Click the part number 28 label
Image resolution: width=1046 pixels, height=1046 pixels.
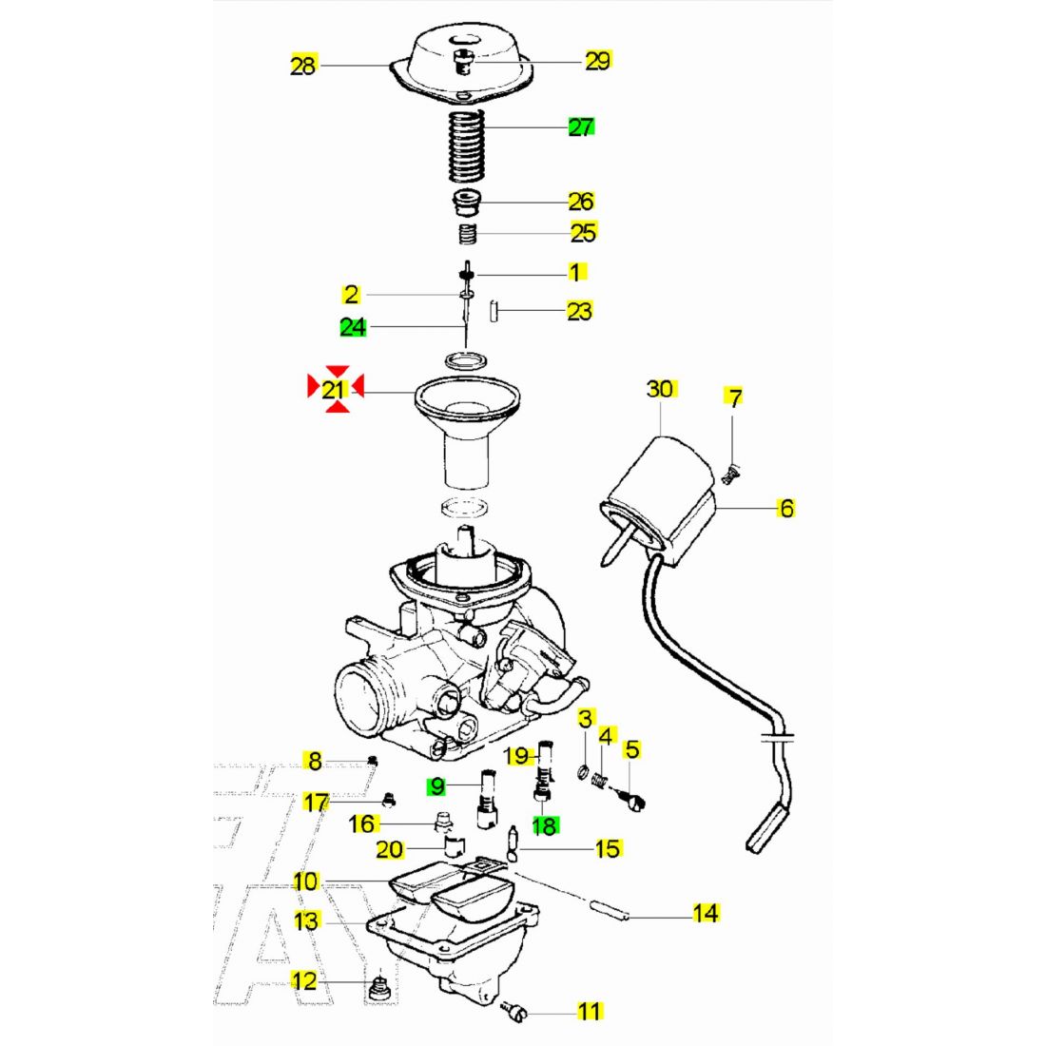(302, 66)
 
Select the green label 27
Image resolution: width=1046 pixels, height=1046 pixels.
(581, 126)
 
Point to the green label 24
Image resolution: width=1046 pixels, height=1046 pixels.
(353, 327)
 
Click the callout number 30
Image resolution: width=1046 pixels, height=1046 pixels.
(660, 388)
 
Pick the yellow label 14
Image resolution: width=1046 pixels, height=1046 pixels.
(705, 914)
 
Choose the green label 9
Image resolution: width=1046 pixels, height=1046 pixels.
(436, 786)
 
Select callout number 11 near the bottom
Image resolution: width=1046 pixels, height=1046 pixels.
(590, 1010)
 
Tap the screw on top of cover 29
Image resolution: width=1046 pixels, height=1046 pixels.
(463, 64)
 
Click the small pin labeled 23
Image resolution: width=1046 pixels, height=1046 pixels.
(494, 310)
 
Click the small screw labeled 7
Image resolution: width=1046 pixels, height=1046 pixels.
(730, 472)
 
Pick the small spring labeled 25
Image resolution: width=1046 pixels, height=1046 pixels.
(467, 233)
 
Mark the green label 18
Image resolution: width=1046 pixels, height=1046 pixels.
(545, 826)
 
